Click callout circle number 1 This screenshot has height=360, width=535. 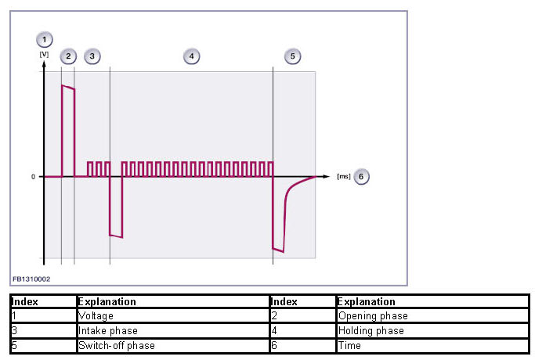(45, 38)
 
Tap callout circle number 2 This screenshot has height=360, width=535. (68, 56)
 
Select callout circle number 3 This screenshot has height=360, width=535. (92, 56)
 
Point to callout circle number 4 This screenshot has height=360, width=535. (191, 56)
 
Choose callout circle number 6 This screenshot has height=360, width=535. (361, 176)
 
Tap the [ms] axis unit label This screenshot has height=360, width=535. (342, 176)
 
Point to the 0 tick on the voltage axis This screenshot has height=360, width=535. (34, 177)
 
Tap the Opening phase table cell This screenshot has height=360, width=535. (373, 316)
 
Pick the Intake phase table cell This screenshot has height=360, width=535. (107, 331)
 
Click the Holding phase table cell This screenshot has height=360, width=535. (371, 331)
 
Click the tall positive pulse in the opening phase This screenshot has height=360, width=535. (68, 125)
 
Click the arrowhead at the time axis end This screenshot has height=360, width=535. (327, 177)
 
